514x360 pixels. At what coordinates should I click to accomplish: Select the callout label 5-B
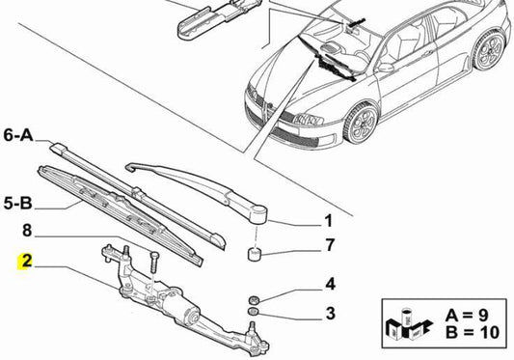[20, 204]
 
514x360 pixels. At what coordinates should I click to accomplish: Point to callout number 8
[27, 230]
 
